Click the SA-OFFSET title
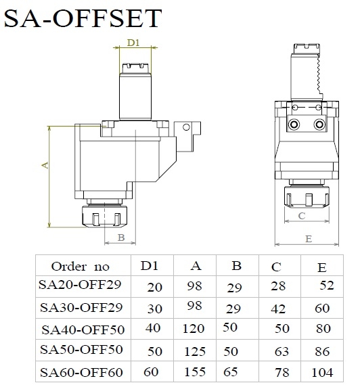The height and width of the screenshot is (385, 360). [x=83, y=18]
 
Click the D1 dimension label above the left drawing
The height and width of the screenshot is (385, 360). [x=133, y=43]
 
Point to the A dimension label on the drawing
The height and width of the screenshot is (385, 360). [x=45, y=165]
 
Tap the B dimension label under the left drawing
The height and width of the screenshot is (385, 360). [x=121, y=237]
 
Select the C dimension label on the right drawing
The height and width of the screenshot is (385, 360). [x=302, y=216]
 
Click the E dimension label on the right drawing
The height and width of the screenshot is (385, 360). [x=309, y=239]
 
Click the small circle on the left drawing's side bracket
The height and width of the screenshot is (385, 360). [x=186, y=127]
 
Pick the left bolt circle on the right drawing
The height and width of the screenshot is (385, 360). [x=294, y=124]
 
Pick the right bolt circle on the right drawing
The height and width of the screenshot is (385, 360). [x=319, y=124]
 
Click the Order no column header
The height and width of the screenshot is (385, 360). [x=81, y=267]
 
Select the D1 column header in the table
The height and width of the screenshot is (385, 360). [x=149, y=265]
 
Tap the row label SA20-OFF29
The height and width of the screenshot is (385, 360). [x=80, y=285]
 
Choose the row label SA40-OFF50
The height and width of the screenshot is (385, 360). [x=83, y=330]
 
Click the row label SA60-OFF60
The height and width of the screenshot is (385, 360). [x=81, y=372]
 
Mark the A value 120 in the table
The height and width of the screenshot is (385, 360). [x=194, y=329]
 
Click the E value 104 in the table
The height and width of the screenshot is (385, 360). [x=322, y=372]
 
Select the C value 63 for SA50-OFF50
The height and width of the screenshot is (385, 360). [x=282, y=351]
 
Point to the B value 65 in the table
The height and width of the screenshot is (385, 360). [x=230, y=371]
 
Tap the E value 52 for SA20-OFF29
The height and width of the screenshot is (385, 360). [x=327, y=286]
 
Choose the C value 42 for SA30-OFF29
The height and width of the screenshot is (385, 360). [x=278, y=309]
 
